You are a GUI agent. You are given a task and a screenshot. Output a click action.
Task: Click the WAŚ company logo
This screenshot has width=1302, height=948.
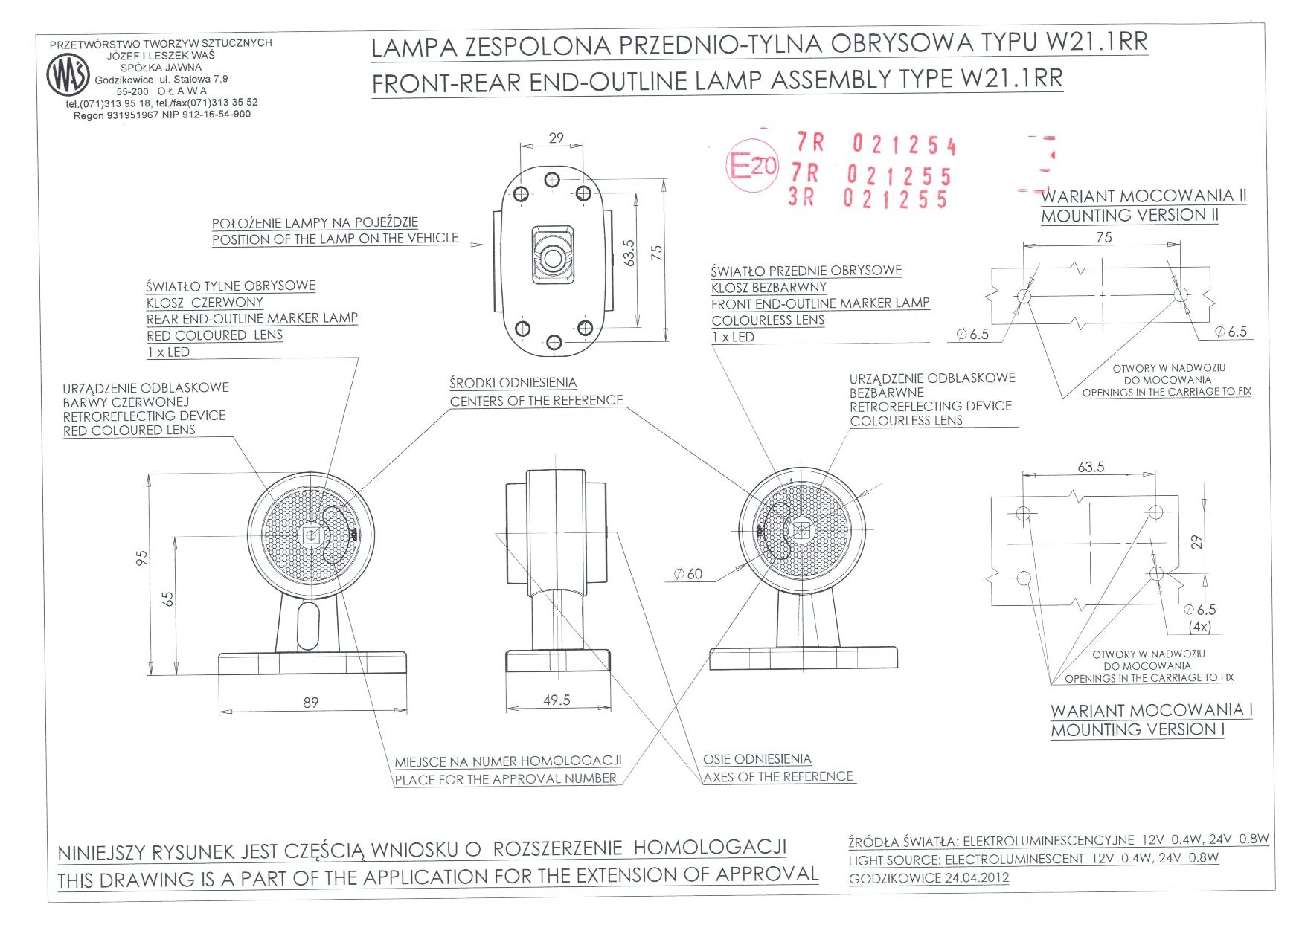point(68,75)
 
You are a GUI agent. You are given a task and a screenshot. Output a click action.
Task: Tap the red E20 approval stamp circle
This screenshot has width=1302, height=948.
point(751,165)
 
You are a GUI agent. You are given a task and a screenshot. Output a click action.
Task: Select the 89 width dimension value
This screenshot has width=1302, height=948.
point(311,703)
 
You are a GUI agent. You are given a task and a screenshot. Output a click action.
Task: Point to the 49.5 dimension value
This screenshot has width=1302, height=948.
point(557,700)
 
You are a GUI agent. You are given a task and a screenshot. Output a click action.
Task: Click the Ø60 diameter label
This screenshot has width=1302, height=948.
point(688,574)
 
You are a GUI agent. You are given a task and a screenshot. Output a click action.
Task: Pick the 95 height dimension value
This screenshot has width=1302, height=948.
point(142,558)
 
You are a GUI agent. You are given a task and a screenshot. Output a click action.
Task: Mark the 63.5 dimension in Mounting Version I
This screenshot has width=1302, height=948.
point(1091,467)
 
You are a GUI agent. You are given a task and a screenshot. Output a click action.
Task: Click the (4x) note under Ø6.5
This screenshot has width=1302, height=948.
point(1200,627)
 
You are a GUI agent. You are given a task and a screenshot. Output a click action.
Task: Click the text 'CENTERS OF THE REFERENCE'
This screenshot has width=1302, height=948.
point(536,401)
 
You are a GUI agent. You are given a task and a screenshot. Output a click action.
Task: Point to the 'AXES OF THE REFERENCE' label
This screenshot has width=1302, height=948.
point(778,777)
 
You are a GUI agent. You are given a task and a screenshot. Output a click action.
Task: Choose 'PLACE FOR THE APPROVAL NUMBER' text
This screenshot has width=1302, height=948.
point(506,779)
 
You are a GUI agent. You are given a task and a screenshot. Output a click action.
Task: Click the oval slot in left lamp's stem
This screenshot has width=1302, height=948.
point(307,625)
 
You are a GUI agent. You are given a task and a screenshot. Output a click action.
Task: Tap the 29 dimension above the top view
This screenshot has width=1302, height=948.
point(557,138)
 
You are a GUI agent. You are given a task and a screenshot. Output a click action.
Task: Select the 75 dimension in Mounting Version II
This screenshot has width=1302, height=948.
point(1104,237)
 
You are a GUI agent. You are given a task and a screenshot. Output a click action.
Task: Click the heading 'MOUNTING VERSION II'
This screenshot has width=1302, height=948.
point(1129,216)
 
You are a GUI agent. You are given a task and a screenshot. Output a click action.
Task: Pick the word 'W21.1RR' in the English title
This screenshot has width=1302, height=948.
point(1012,78)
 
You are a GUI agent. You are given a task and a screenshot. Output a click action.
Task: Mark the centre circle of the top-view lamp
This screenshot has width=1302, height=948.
point(553,259)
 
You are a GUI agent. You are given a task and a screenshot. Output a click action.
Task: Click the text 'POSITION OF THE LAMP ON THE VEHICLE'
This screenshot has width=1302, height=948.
point(335,239)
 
